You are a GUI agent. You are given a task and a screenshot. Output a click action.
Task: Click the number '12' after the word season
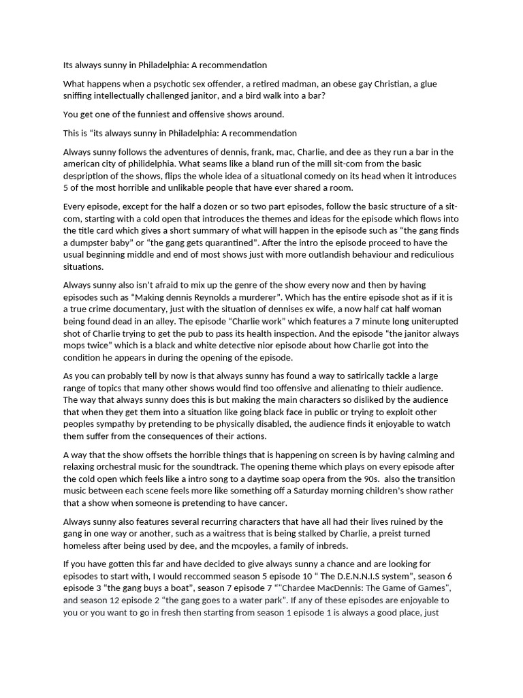click(x=125, y=601)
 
